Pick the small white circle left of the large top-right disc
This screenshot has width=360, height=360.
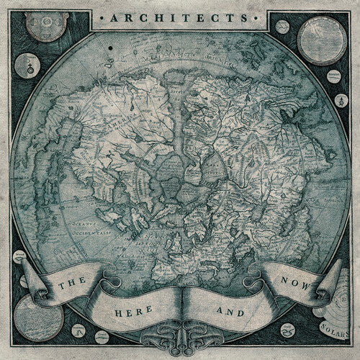click(282, 32)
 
